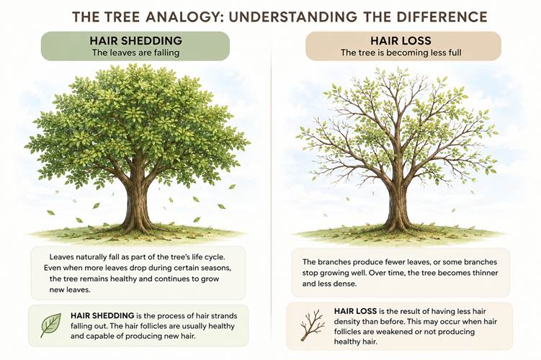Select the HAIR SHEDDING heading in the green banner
click(x=135, y=41)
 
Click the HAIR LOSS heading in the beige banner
click(x=401, y=41)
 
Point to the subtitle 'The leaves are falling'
click(x=135, y=53)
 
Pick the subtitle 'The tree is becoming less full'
click(x=401, y=53)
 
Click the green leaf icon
click(x=50, y=325)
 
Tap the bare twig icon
click(x=312, y=325)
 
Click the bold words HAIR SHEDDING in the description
click(x=102, y=315)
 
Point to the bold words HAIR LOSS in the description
click(x=355, y=311)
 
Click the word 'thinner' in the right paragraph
click(x=484, y=273)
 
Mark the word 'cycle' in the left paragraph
click(x=214, y=257)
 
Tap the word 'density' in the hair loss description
click(x=346, y=322)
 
